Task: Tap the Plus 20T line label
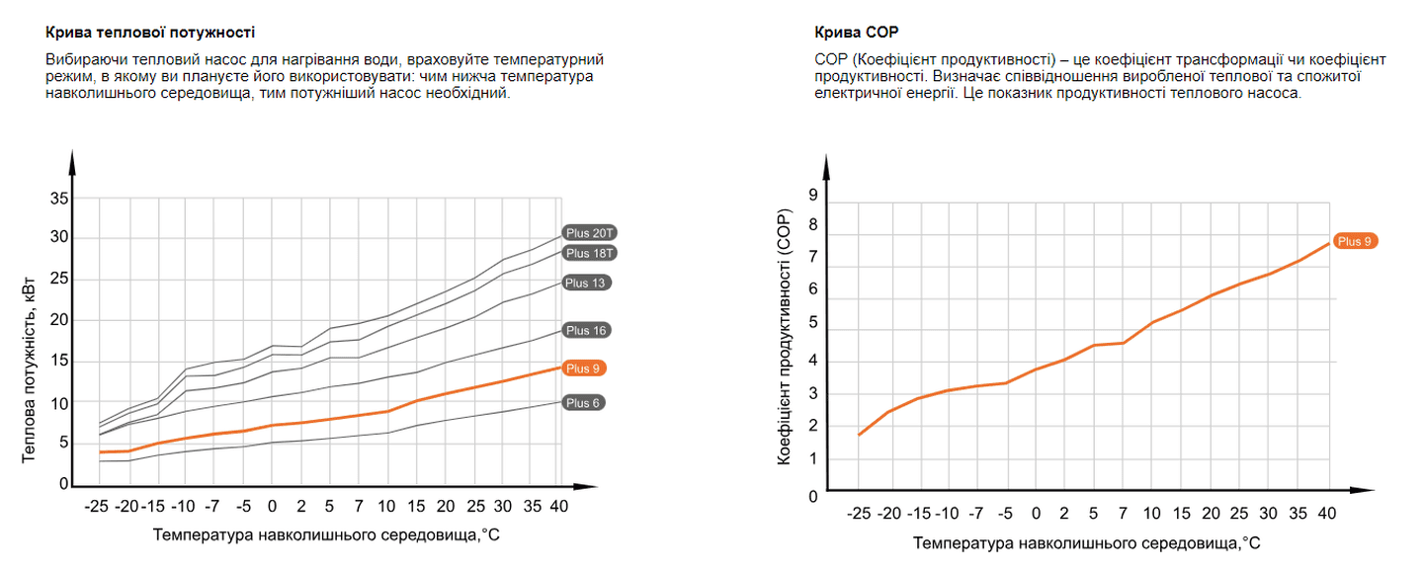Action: [x=591, y=233]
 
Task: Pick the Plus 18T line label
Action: [x=591, y=254]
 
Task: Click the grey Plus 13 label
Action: [x=587, y=284]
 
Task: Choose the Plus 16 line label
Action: [x=587, y=331]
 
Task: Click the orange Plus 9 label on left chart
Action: [x=583, y=368]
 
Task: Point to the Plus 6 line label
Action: [x=583, y=403]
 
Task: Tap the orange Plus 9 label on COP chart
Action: [x=1354, y=241]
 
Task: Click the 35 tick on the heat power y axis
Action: [x=58, y=199]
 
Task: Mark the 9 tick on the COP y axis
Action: [x=813, y=196]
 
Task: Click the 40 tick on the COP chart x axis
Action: [x=1327, y=514]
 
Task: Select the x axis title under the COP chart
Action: [x=1086, y=543]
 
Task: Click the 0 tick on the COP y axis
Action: [x=813, y=496]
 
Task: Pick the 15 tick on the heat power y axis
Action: [x=58, y=362]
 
